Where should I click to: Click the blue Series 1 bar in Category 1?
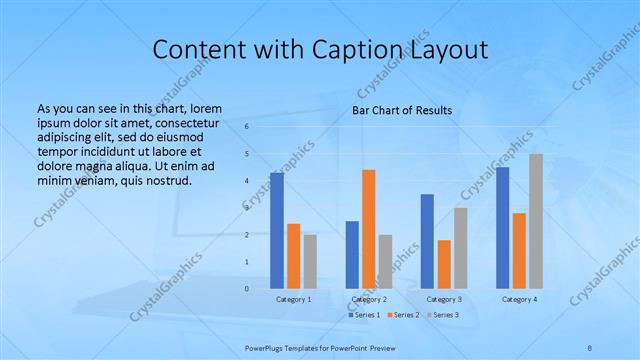[x=277, y=231]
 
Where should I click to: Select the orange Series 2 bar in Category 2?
[x=369, y=229]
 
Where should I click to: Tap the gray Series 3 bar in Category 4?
[x=536, y=221]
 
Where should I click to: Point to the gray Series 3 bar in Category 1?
[x=310, y=262]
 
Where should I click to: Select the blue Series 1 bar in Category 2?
[x=352, y=255]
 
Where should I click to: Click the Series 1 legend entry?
[x=364, y=315]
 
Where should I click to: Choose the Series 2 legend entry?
[x=404, y=315]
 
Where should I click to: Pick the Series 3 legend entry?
[x=445, y=315]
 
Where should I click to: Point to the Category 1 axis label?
[x=294, y=299]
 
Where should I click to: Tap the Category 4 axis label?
[x=519, y=299]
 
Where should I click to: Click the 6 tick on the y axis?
[x=247, y=127]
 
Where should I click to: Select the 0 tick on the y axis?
[x=247, y=289]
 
